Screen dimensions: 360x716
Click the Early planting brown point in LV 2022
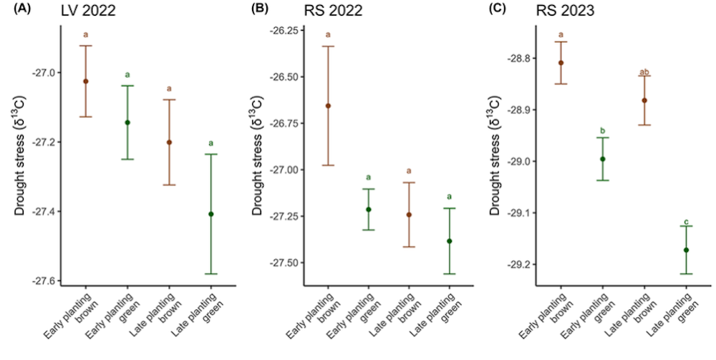coord(86,82)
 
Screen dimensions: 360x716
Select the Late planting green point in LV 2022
coord(211,214)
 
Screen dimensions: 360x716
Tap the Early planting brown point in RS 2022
coord(328,106)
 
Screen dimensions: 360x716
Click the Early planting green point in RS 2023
coord(603,159)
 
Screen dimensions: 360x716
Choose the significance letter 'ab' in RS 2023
coord(644,72)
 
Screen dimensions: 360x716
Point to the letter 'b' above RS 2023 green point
coord(603,131)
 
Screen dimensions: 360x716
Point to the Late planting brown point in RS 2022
coord(409,215)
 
